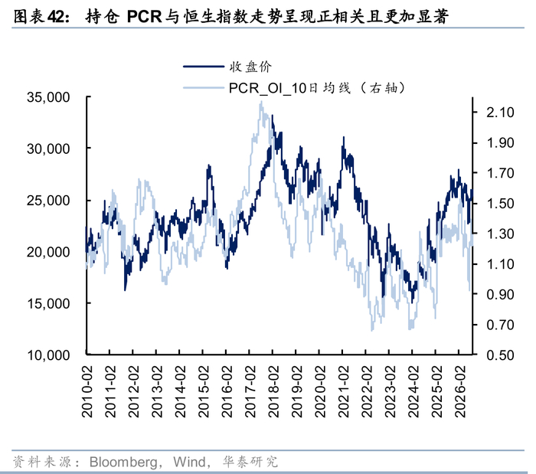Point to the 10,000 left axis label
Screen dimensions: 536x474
pos(48,355)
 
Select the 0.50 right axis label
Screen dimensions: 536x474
pos(500,355)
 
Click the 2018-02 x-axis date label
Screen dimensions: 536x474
pos(273,391)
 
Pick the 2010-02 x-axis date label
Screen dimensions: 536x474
pos(87,391)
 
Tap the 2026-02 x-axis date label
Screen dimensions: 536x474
pos(460,391)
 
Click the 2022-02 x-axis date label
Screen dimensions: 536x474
pos(367,391)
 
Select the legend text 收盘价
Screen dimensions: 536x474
pos(250,67)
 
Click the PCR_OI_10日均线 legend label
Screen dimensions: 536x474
pos(290,88)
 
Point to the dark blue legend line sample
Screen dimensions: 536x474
pos(204,67)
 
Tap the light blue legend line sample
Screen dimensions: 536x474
pos(204,88)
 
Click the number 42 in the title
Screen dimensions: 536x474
pos(55,17)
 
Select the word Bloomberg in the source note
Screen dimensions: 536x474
pos(123,462)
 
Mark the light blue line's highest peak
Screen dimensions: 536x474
pos(262,102)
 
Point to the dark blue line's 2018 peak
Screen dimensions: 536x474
pos(273,116)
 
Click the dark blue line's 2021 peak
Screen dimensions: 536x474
pos(344,137)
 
